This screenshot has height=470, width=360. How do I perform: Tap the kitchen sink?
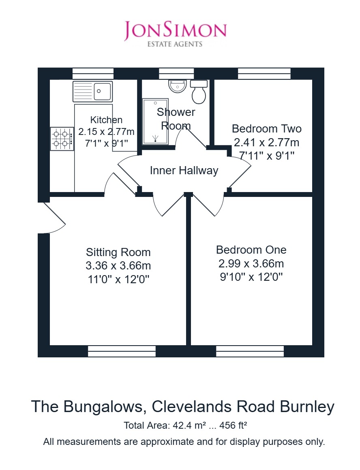[93, 91]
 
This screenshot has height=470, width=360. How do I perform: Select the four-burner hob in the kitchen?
[62, 139]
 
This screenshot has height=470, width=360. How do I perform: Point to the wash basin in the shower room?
[178, 86]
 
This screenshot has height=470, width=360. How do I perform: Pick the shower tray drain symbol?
[155, 138]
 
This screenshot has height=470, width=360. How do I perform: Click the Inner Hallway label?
[184, 171]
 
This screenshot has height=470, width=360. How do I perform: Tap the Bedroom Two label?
[267, 128]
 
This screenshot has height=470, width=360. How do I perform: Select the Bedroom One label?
[251, 250]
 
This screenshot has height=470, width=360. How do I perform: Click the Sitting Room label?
[118, 252]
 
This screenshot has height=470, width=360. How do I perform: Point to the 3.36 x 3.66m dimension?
[118, 265]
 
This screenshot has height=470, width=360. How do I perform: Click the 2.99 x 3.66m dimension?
[251, 263]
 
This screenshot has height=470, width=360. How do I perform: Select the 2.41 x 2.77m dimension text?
[267, 142]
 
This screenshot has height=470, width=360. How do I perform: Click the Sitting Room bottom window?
[122, 351]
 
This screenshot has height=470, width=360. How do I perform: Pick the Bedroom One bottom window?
[250, 351]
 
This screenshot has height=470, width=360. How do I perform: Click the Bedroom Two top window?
[264, 73]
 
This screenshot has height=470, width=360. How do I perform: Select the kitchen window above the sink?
[93, 73]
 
